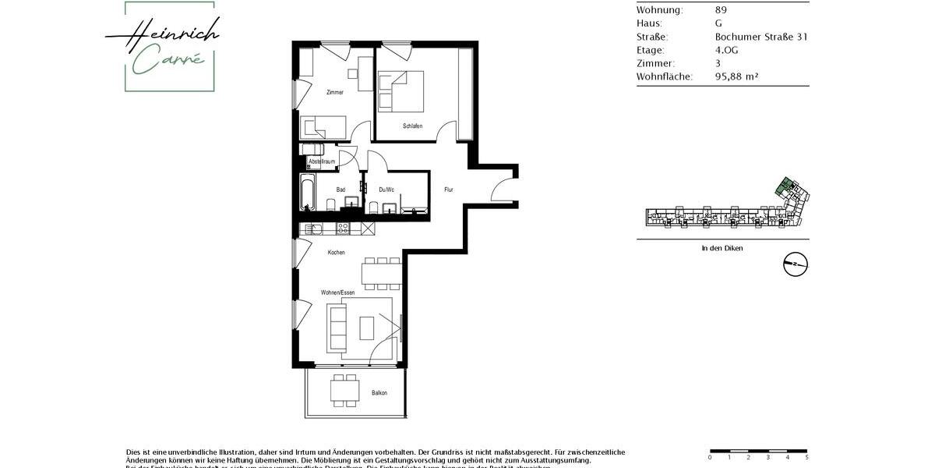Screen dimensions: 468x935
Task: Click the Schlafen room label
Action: click(x=413, y=126)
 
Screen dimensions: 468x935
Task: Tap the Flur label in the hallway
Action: click(x=449, y=190)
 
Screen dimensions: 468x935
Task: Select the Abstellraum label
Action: click(x=322, y=161)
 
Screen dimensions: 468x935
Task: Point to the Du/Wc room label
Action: click(x=386, y=190)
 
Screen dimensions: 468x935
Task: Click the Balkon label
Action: click(x=379, y=392)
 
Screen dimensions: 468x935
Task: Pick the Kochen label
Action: click(x=336, y=252)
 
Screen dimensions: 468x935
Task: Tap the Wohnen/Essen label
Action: click(x=337, y=292)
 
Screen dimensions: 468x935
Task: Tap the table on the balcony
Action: click(x=344, y=390)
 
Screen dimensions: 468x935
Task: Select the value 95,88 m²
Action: click(x=736, y=76)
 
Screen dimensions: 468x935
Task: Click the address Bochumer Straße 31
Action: click(x=760, y=37)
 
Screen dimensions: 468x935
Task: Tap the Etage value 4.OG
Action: click(x=726, y=50)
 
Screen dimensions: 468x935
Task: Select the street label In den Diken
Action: click(x=722, y=248)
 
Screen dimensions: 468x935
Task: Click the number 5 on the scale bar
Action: click(x=806, y=458)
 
